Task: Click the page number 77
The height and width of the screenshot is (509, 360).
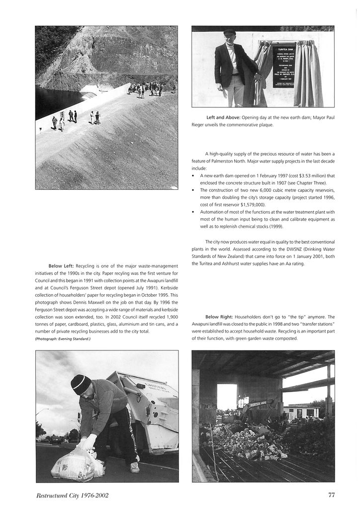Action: coord(331,495)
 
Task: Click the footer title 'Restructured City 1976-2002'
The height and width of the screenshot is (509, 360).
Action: coord(72,495)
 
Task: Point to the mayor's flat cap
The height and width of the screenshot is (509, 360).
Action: coord(229,32)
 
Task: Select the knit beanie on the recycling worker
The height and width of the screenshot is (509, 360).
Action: coord(81,384)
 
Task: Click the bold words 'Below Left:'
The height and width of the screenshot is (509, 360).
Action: coord(61,266)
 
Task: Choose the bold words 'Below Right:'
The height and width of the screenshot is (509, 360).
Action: coord(218,317)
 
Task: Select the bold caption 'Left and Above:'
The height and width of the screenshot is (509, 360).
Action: coord(223,117)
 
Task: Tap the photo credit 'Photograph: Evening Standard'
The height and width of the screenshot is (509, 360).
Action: coord(63,339)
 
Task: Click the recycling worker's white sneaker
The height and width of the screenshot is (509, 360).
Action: coord(134,467)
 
